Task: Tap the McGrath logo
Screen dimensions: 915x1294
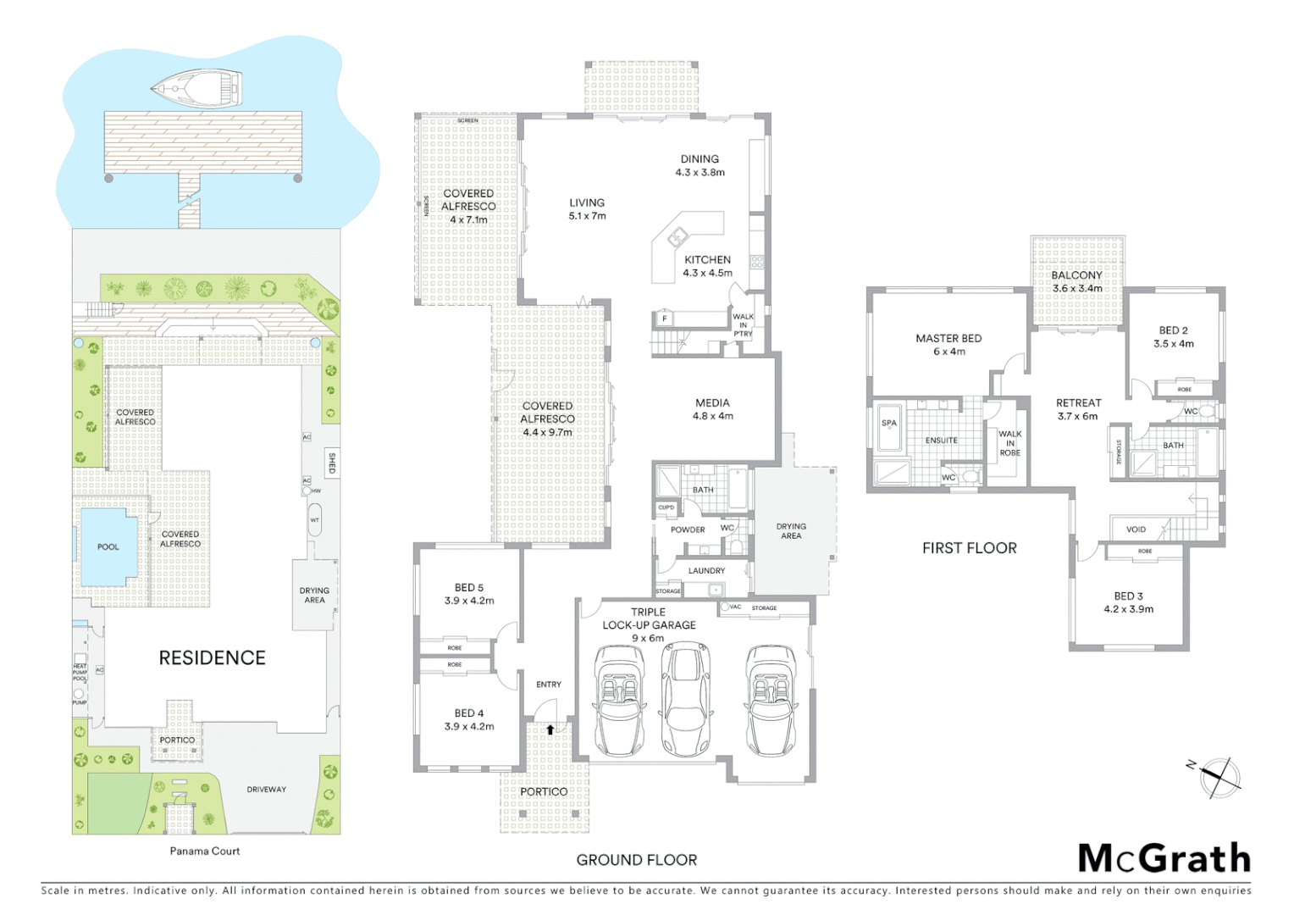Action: point(1164,858)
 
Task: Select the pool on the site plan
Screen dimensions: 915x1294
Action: point(108,546)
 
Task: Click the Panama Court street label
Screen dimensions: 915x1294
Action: point(205,851)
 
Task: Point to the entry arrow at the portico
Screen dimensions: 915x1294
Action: point(550,729)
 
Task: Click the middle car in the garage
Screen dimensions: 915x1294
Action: point(685,699)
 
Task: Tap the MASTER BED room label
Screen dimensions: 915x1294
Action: point(948,338)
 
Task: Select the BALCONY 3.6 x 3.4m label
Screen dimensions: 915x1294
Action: point(1077,281)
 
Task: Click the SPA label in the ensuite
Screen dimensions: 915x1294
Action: point(889,423)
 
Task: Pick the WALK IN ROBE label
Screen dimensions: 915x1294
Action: point(1009,443)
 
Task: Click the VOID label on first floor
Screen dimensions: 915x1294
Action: point(1136,530)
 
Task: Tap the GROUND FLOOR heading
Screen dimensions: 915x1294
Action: point(637,860)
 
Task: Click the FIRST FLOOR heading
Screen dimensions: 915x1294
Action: point(970,548)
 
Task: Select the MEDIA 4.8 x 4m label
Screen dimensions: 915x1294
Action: point(712,409)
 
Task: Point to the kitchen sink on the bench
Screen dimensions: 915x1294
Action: point(677,236)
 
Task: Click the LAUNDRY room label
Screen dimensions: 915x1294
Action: point(706,571)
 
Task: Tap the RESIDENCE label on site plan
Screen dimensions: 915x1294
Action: point(212,657)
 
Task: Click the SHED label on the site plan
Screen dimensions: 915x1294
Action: point(332,463)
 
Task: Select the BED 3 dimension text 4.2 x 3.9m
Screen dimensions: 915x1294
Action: point(1128,609)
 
